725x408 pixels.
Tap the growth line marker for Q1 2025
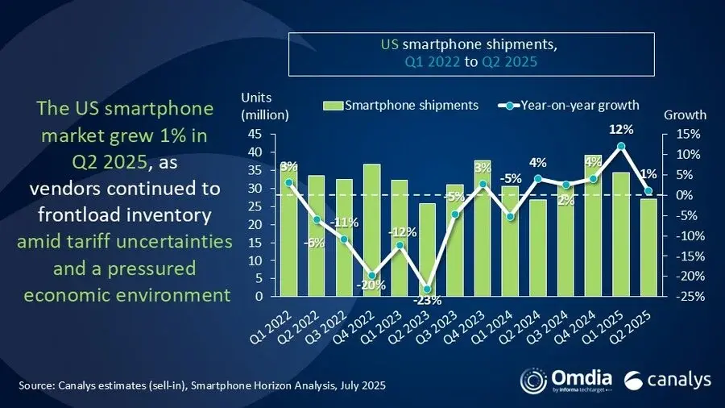[621, 146]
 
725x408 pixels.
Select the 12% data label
[621, 129]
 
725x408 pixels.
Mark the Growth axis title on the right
[685, 114]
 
